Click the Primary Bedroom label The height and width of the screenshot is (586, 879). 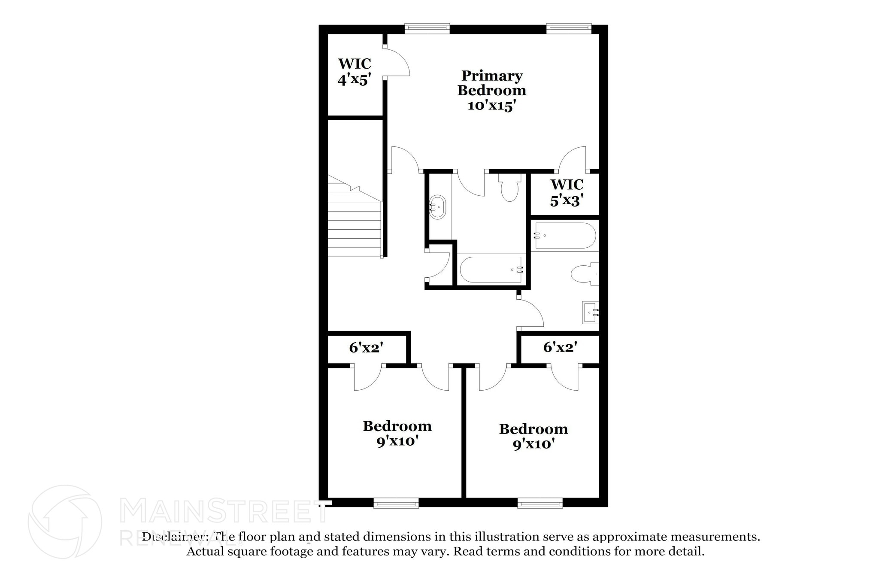[x=491, y=83]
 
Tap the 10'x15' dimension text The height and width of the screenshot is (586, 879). [x=491, y=106]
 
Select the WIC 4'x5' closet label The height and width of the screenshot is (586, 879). [x=354, y=72]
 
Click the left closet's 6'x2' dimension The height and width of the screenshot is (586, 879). [x=366, y=347]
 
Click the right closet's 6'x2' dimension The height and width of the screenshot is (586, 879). [x=560, y=347]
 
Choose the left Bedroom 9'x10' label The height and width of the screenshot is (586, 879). [x=397, y=433]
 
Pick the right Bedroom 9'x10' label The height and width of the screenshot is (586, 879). [x=533, y=436]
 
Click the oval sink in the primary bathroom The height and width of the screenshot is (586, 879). [x=438, y=207]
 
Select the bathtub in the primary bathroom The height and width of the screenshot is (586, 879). [x=491, y=270]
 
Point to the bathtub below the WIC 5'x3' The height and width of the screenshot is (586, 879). [x=563, y=235]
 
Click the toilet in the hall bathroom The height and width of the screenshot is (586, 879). [x=584, y=273]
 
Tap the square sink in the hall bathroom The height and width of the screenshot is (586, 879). [x=590, y=312]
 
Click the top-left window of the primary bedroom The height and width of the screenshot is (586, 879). [x=427, y=29]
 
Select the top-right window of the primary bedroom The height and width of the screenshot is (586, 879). [x=569, y=29]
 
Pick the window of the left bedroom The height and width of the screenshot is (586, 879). [x=396, y=503]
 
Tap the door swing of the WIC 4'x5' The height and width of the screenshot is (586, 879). [x=397, y=63]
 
